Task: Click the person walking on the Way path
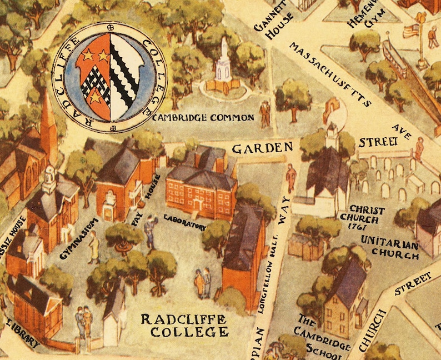290,178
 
